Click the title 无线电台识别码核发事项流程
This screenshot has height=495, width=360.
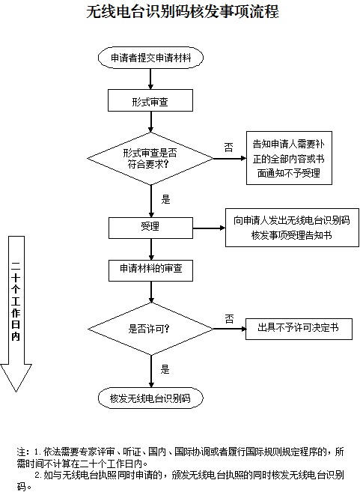(x=183, y=12)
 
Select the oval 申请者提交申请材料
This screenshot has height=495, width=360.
(x=150, y=58)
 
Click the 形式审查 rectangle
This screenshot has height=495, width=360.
(x=150, y=100)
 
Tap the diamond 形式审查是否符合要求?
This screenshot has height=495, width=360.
(x=150, y=159)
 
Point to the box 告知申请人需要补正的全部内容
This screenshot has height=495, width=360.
(x=289, y=158)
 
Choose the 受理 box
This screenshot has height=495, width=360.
(x=151, y=228)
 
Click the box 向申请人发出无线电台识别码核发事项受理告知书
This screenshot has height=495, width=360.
(x=292, y=228)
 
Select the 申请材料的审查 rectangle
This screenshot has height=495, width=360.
(x=151, y=270)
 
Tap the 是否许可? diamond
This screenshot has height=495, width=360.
(x=151, y=329)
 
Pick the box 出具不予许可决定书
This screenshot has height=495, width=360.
(x=299, y=329)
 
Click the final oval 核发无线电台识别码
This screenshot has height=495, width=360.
(x=150, y=398)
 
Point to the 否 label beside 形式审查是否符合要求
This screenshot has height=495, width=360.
(x=229, y=148)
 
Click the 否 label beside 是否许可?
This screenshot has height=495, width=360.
(x=229, y=319)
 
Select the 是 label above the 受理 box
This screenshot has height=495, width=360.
(x=165, y=199)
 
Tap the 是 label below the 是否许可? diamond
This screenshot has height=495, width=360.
(x=165, y=369)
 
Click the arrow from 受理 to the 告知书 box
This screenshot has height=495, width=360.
(x=209, y=228)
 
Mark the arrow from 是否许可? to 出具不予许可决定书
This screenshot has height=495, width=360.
(x=230, y=329)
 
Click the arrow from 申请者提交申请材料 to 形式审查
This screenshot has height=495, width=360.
(x=150, y=79)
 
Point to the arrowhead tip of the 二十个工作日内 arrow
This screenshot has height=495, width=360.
(x=16, y=392)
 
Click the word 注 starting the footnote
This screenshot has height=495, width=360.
(x=21, y=452)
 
